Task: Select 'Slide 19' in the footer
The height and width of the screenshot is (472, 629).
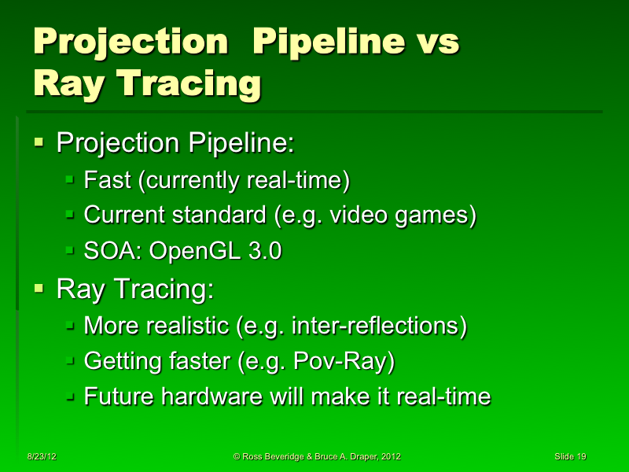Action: coord(570,456)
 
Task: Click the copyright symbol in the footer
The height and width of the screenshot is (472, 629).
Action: coord(237,456)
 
